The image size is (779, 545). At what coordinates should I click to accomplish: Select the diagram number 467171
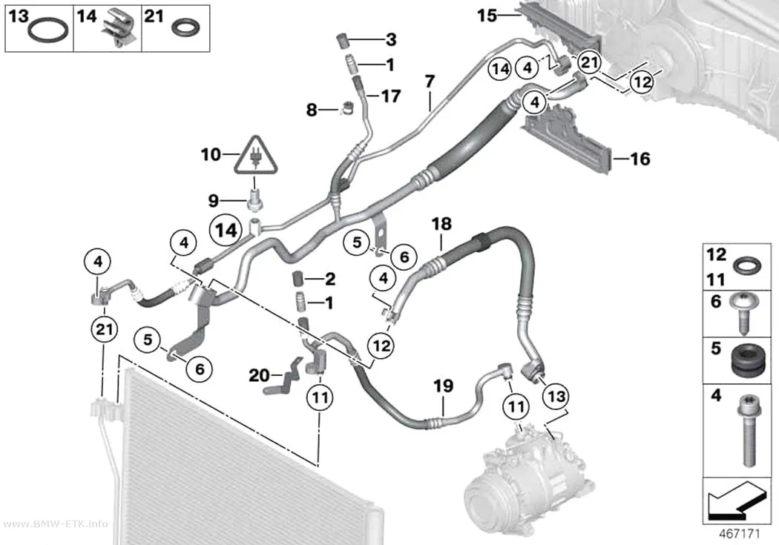pos(740,534)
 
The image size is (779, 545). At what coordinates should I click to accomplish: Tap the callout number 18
pos(441,224)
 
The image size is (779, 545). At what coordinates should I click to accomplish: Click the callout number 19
pos(443,386)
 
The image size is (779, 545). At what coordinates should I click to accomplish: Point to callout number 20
pos(259,375)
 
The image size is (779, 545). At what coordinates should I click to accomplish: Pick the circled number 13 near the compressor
pos(556,396)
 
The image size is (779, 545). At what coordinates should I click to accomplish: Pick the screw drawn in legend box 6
pos(743,313)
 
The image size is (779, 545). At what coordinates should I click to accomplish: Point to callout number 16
pos(640,159)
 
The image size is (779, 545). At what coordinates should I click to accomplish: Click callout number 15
pos(487,16)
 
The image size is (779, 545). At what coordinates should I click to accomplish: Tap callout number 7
pos(430,81)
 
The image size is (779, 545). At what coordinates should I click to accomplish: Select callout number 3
pos(391,39)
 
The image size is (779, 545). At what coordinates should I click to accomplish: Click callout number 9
pos(213,200)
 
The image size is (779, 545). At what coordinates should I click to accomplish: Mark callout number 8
pos(312,109)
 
